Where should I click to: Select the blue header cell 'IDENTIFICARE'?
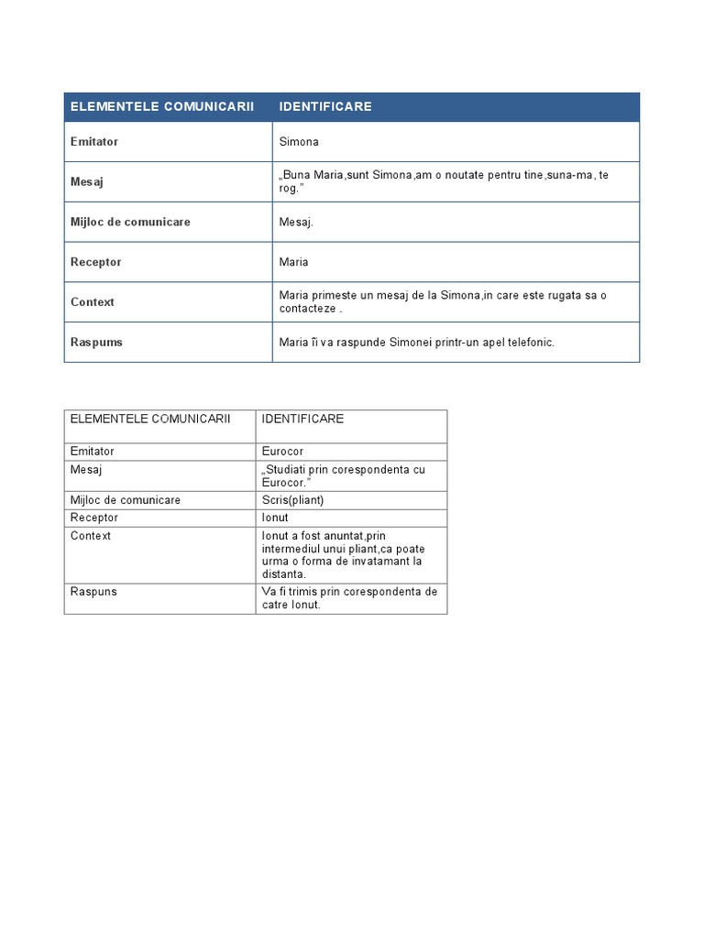(325, 106)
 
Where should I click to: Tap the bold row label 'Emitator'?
(94, 142)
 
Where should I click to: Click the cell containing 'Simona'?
(299, 142)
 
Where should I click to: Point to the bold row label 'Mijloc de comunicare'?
(130, 222)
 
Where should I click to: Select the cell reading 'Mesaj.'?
(296, 222)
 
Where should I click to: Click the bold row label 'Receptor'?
(95, 262)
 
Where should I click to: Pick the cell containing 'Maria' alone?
(294, 262)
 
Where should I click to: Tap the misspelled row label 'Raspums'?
(96, 342)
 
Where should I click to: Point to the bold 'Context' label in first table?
(93, 301)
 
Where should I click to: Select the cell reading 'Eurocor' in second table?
(282, 452)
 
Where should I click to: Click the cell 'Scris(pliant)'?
(292, 500)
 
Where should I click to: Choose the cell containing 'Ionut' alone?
(275, 518)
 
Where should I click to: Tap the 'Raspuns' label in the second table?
(93, 592)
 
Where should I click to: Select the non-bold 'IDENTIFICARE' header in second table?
(302, 419)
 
